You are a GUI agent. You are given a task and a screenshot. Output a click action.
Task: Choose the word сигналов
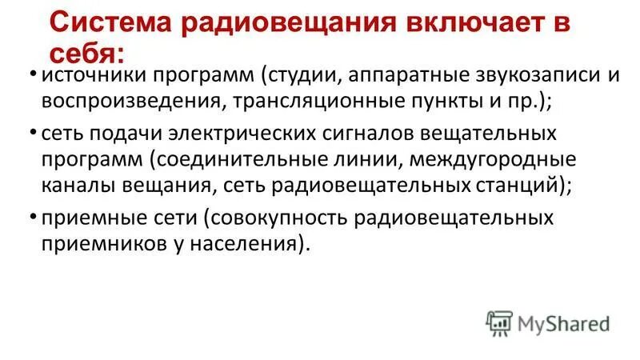pyautogui.click(x=364, y=132)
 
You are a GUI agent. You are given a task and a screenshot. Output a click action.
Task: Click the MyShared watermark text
pyautogui.click(x=563, y=324)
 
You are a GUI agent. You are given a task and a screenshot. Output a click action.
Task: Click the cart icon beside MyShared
pyautogui.click(x=499, y=322)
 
